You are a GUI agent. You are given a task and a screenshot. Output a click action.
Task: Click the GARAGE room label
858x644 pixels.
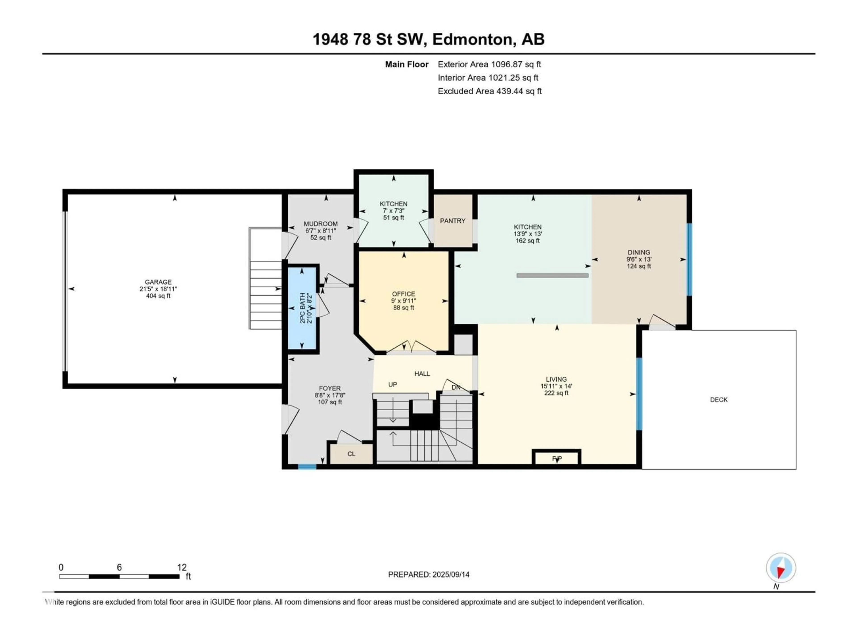158,282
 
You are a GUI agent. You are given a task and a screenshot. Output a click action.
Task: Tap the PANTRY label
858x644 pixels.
452,221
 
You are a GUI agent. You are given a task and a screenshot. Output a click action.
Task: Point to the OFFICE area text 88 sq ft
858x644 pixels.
403,308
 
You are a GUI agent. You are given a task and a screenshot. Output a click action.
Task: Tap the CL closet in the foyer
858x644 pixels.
351,454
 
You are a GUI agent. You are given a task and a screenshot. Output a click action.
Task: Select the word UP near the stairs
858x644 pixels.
393,385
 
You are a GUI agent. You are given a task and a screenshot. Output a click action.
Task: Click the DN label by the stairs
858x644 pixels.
456,388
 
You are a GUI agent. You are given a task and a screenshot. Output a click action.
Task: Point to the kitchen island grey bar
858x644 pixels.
552,276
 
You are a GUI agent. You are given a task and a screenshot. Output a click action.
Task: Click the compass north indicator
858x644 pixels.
781,568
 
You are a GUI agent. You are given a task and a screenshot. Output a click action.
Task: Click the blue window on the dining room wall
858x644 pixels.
689,260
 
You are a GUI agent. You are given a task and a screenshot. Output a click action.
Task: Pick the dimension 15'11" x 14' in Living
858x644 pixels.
556,386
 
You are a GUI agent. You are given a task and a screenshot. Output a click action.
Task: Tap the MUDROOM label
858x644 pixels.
320,224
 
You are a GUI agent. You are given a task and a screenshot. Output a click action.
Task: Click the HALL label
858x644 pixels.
422,374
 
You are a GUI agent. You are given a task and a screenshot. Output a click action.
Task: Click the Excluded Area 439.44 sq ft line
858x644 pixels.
490,91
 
